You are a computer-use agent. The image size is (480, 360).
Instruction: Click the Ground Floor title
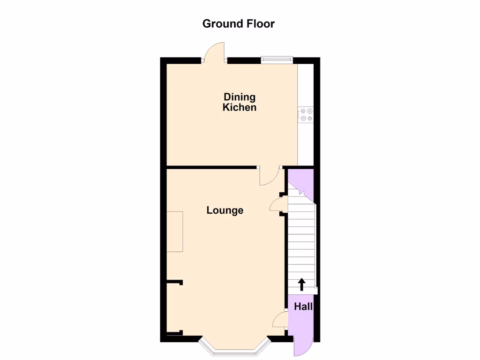pos(238,23)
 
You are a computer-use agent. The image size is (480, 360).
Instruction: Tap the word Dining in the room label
pos(239,97)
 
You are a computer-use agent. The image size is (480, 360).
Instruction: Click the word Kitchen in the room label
pos(239,107)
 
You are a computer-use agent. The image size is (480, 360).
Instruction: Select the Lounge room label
pos(225,210)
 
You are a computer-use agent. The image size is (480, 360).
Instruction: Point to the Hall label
pos(303,307)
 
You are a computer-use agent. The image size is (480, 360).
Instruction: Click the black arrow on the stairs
pos(301,284)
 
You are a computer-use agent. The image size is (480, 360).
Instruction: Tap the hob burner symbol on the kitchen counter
pos(307,115)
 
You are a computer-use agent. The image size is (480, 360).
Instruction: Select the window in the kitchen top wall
pos(277,59)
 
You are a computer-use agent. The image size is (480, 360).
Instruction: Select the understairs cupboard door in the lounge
pos(277,205)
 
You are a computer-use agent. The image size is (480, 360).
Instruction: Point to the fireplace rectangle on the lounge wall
pos(175,231)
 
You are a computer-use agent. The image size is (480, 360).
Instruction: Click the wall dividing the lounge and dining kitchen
pos(211,167)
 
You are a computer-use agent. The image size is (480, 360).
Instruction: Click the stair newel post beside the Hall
pos(316,291)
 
